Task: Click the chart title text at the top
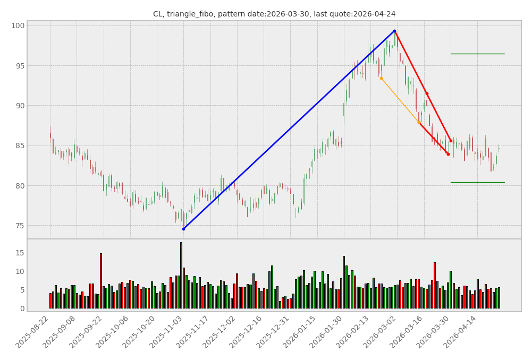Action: coord(274,14)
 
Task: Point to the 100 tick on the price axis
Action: coord(19,25)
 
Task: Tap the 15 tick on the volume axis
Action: coord(19,253)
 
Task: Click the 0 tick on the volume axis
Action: coord(22,308)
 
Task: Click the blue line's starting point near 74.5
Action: coord(183,229)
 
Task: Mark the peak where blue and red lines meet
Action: coord(394,31)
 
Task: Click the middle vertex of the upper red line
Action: coord(426,94)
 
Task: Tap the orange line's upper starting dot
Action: coord(381,79)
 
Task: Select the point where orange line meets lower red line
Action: coord(419,122)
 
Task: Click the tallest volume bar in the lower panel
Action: coord(181,275)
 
